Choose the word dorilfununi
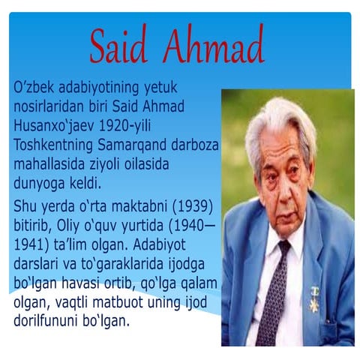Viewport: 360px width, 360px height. [x=51, y=321]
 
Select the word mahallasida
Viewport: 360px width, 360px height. [x=52, y=163]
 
